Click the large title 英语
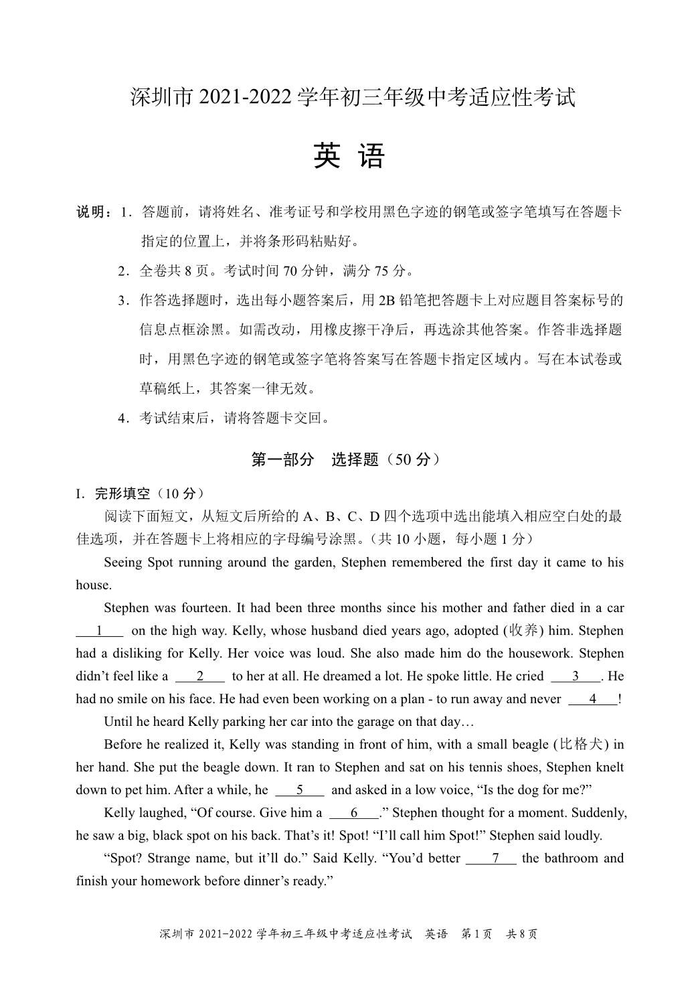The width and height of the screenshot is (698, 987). click(x=349, y=157)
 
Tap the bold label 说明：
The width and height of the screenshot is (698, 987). click(x=94, y=213)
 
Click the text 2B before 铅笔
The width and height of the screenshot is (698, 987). click(x=387, y=301)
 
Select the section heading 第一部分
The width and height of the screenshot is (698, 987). click(x=282, y=460)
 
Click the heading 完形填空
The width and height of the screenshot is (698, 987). click(x=122, y=494)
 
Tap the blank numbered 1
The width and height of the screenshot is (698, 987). click(x=100, y=631)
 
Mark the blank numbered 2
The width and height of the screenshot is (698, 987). click(x=199, y=676)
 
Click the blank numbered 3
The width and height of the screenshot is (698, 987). click(x=576, y=676)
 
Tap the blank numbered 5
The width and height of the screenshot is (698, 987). click(x=300, y=790)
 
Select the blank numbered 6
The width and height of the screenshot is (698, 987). click(x=354, y=813)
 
